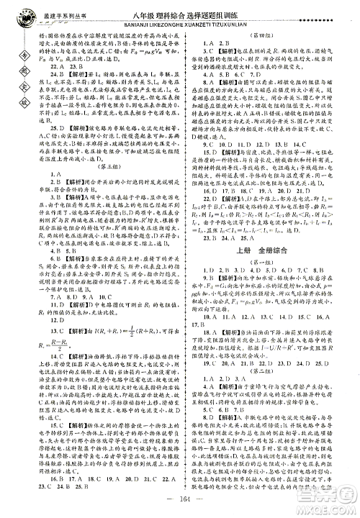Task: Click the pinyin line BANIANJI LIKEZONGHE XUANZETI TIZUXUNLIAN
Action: pos(177,20)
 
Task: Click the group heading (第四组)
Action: pos(268,34)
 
